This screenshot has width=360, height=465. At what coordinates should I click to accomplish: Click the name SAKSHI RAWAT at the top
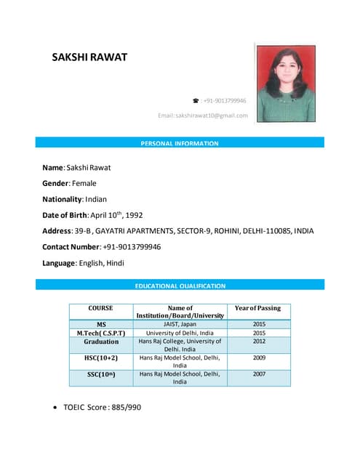tap(89, 57)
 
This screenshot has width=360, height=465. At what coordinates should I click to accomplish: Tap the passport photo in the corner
tap(285, 81)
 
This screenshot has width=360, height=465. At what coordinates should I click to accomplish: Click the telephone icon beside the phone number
tap(195, 100)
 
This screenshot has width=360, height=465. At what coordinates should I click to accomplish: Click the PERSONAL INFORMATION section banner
tap(179, 143)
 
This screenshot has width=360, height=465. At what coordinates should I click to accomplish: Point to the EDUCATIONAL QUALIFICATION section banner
tap(180, 286)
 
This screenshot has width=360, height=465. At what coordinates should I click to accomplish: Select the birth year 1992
tap(140, 215)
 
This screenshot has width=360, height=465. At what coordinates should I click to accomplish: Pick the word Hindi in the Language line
tap(116, 263)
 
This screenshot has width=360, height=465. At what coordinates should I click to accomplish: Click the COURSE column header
tap(100, 309)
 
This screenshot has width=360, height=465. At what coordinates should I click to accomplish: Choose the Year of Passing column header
tap(259, 309)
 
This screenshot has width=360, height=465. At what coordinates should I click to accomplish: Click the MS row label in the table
tap(101, 324)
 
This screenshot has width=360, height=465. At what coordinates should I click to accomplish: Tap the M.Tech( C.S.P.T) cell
tap(101, 333)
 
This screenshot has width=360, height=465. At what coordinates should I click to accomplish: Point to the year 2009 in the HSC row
tap(259, 358)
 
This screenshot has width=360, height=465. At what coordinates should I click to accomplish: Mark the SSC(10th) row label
tap(101, 374)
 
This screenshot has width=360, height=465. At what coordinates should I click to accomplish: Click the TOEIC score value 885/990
tap(124, 407)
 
